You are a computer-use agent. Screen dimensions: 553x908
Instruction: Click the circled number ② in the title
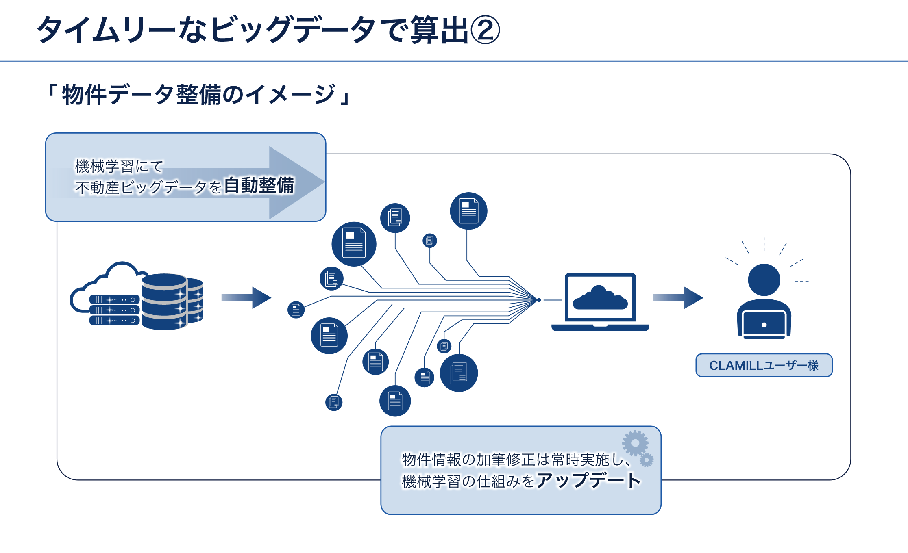(x=485, y=30)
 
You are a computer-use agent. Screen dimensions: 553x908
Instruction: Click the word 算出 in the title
(x=439, y=30)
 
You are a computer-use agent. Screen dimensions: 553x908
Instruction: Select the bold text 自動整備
(x=259, y=186)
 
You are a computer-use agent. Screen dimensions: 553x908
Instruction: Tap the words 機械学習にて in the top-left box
(x=119, y=166)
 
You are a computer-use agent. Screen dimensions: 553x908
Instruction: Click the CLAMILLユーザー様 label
(x=764, y=365)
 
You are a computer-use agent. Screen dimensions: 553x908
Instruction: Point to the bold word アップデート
(x=588, y=480)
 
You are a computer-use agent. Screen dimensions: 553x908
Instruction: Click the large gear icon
(x=635, y=443)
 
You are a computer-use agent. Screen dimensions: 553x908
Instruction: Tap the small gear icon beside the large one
(x=647, y=460)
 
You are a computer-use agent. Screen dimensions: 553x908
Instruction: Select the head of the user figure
(x=764, y=280)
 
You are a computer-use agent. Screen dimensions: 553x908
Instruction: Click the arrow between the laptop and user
(x=678, y=298)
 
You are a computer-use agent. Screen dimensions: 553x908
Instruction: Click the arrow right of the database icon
(x=246, y=298)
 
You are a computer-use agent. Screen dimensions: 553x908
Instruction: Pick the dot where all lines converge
(x=539, y=300)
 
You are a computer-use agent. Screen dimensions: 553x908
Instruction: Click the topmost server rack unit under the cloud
(x=114, y=300)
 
